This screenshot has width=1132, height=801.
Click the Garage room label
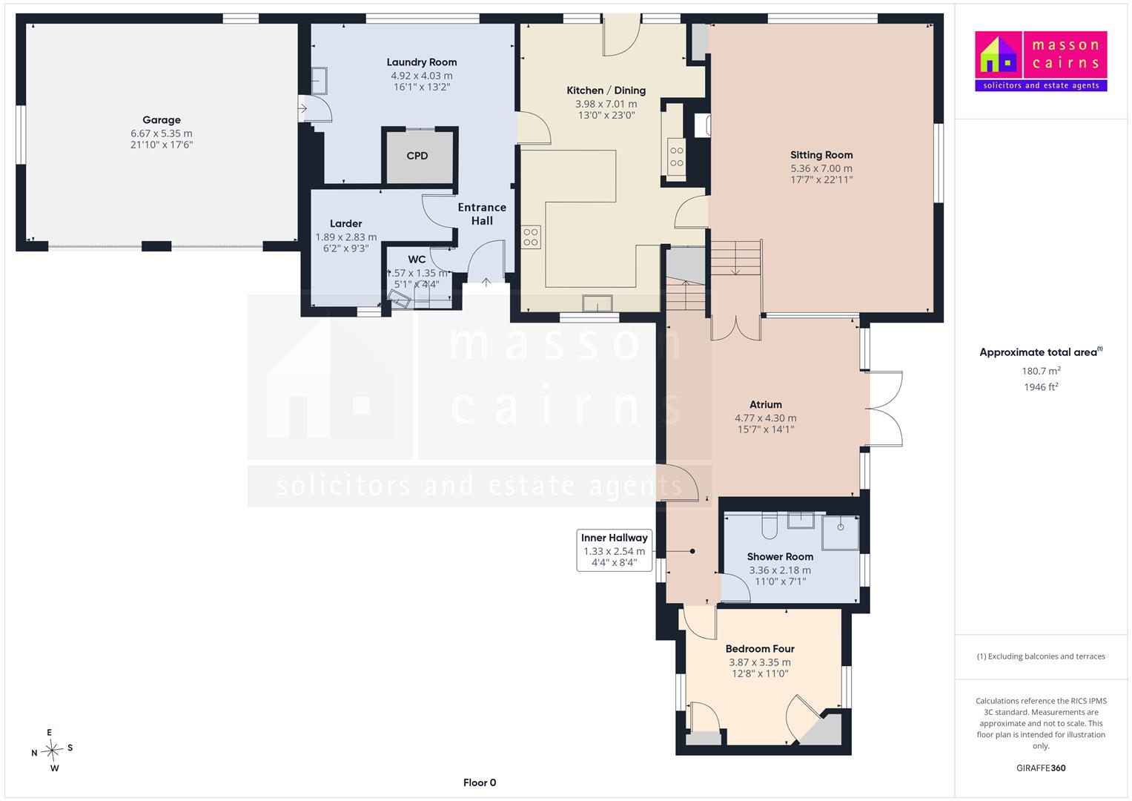coord(161,120)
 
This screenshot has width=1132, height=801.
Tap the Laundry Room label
coord(422,62)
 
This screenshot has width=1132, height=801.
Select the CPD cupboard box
coord(420,155)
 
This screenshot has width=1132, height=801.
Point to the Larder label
coord(345,223)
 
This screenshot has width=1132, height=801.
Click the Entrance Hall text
coord(482,214)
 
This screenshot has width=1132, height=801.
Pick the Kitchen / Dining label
coord(606,90)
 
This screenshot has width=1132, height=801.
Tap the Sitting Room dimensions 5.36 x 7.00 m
coord(821,168)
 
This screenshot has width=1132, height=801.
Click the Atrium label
coord(766,404)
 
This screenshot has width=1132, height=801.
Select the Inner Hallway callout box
coord(614,550)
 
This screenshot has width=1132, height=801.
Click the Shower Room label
coord(780,557)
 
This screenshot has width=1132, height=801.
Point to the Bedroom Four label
coord(760,649)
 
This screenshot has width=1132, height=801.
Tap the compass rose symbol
coord(52,750)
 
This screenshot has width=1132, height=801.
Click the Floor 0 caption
coord(480,782)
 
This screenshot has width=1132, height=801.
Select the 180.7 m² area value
coord(1041,371)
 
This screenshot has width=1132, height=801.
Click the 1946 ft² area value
coord(1041,387)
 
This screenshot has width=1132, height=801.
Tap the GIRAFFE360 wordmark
coord(1041,768)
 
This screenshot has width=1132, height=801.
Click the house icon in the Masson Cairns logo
coord(998,55)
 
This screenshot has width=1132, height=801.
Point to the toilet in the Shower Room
coord(769,525)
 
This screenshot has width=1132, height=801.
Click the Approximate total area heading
coord(1041,352)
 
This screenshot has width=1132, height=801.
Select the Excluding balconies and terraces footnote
coord(1041,656)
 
